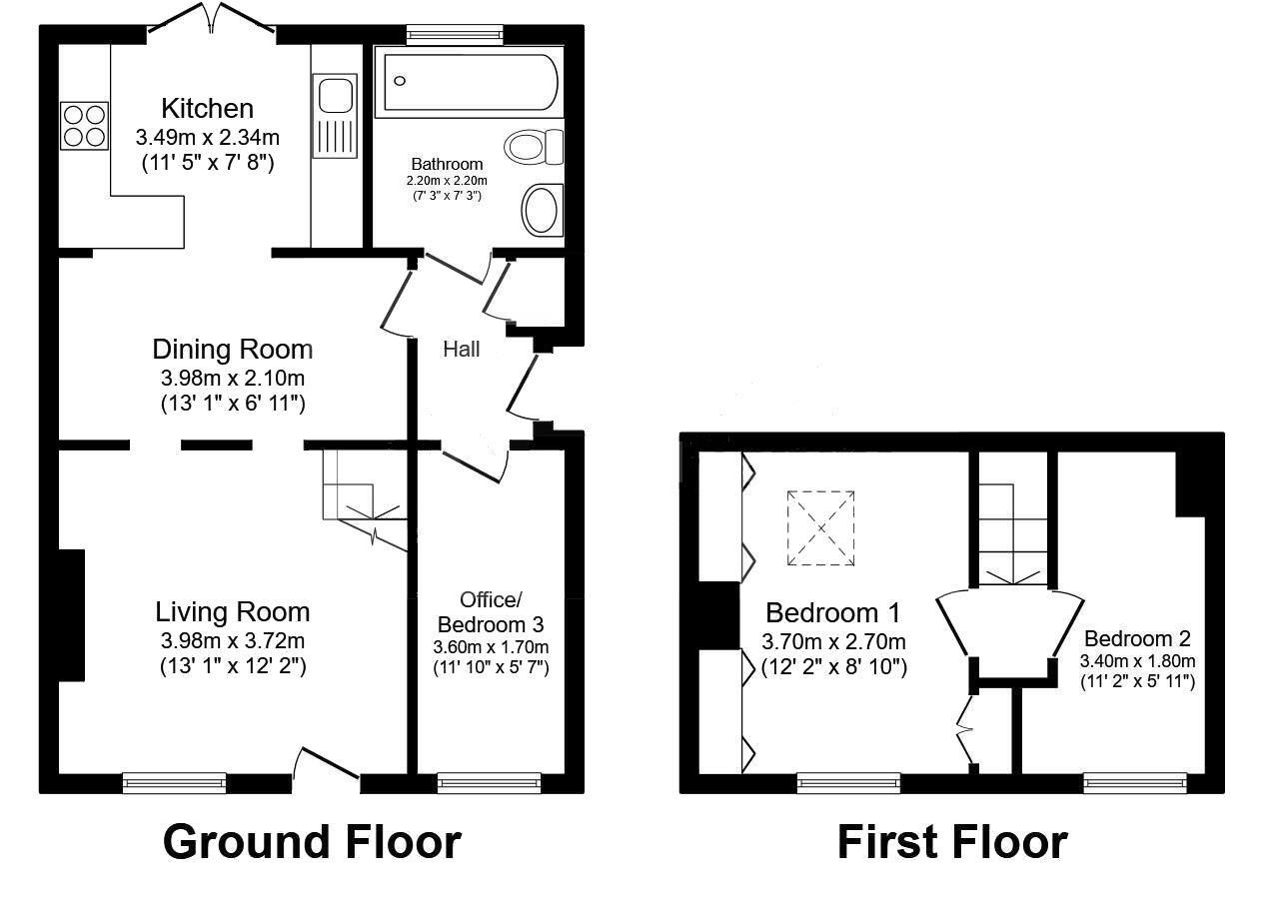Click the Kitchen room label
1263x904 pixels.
pos(208,108)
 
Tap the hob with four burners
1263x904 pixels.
pos(84,126)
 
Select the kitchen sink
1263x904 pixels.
pos(334,96)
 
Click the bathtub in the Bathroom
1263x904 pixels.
pos(470,82)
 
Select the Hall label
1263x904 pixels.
pos(462,350)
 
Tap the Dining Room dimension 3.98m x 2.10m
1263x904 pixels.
pos(232,379)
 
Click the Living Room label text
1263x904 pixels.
pos(232,611)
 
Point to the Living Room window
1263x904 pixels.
pos(174,783)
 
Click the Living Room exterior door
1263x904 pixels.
pos(326,765)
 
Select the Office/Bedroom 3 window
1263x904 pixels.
pos(489,783)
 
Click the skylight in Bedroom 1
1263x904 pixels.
pos(820,528)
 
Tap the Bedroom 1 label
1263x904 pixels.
pos(833,612)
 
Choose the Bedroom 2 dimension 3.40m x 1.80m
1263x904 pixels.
pos(1137,661)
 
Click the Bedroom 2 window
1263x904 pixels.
pos(1135,783)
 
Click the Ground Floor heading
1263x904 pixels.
pos(311,841)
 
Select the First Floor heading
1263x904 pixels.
pos(951,841)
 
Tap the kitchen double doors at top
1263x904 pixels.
pos(211,22)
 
